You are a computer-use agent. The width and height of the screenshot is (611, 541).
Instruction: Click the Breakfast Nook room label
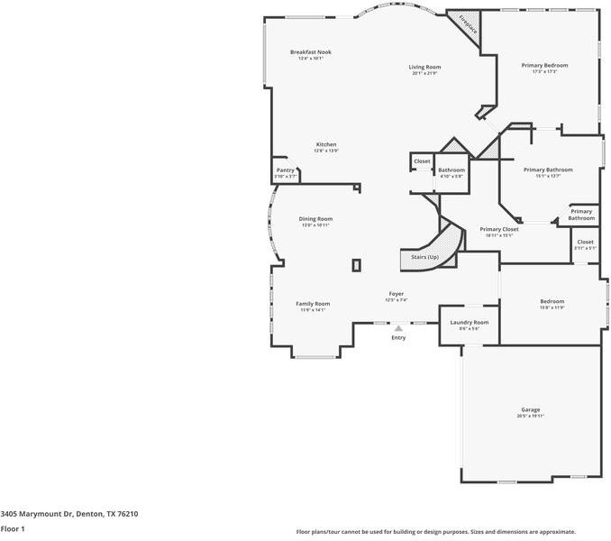click(310, 52)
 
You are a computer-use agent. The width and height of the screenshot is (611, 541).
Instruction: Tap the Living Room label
click(424, 67)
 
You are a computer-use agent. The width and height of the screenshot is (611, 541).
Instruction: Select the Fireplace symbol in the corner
click(468, 23)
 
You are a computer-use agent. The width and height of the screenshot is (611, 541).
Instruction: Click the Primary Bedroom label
click(544, 65)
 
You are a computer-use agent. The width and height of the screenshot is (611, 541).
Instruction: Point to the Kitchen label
click(325, 144)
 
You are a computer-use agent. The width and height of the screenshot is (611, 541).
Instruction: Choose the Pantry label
click(285, 170)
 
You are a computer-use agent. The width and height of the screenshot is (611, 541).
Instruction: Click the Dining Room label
click(315, 218)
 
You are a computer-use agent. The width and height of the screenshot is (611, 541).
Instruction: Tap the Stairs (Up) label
click(425, 257)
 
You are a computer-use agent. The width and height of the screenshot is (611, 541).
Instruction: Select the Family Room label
click(313, 304)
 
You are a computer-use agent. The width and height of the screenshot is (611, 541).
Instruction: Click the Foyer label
click(396, 294)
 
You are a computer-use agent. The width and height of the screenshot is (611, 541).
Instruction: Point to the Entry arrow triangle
click(398, 329)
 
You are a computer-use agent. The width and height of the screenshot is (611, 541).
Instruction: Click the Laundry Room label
click(469, 322)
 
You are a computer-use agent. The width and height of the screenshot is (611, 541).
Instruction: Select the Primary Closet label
click(498, 229)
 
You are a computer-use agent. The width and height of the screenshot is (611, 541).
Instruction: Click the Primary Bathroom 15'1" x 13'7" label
click(548, 170)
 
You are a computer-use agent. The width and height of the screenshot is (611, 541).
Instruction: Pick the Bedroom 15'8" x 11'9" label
click(552, 301)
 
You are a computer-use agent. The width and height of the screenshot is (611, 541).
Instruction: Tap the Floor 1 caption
click(13, 528)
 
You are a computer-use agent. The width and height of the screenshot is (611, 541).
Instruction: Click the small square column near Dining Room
click(357, 265)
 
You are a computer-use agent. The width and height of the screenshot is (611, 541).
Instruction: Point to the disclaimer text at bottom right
click(435, 532)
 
